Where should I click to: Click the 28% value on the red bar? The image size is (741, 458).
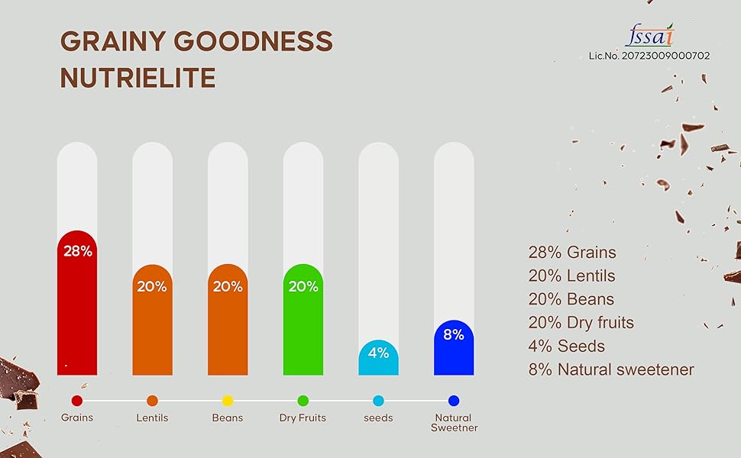point(77,250)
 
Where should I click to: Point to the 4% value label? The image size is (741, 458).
point(379,353)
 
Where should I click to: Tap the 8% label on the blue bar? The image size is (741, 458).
point(454,334)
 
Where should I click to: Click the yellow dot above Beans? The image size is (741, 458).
point(228,400)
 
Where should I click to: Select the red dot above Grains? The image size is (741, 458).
point(77,400)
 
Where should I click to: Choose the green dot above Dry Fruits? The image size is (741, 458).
point(303,400)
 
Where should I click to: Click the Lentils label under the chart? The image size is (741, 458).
point(152,418)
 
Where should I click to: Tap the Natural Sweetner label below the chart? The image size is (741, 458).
point(454,423)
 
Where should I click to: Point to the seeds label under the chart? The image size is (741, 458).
point(379,418)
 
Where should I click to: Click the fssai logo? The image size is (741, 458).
point(649,34)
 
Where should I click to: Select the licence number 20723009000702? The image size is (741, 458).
point(649,56)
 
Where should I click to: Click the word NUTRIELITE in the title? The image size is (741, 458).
point(138,78)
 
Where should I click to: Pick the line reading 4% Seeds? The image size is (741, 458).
point(566,346)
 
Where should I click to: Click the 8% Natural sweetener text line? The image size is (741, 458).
point(611,369)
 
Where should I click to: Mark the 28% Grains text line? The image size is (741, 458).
point(571,252)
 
